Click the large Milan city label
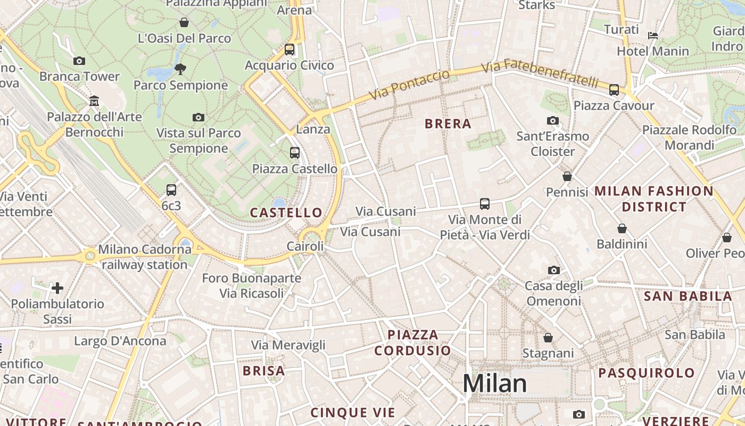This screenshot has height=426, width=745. [494, 383]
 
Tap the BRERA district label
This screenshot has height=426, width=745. [448, 124]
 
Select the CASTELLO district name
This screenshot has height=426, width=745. [286, 213]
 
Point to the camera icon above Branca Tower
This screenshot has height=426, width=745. [79, 61]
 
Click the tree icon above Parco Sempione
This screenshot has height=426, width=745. [180, 69]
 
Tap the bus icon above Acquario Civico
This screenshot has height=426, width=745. [289, 50]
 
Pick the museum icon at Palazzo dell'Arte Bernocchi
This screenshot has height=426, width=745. [95, 101]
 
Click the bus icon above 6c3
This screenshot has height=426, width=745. [171, 190]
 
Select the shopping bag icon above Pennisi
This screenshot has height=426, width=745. [567, 176]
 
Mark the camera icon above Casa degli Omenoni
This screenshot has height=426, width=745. [554, 270]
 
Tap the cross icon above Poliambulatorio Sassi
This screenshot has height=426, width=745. [57, 289]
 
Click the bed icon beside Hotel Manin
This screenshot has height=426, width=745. [653, 36]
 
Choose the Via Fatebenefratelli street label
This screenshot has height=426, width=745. [540, 74]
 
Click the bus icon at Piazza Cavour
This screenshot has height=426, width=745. [614, 89]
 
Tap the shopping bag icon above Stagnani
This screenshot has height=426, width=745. [548, 338]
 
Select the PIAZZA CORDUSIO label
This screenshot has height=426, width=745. [412, 343]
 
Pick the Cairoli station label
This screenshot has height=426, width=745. [305, 247]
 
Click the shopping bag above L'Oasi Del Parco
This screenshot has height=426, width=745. [184, 22]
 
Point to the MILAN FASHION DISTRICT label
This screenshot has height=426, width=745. [654, 199]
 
